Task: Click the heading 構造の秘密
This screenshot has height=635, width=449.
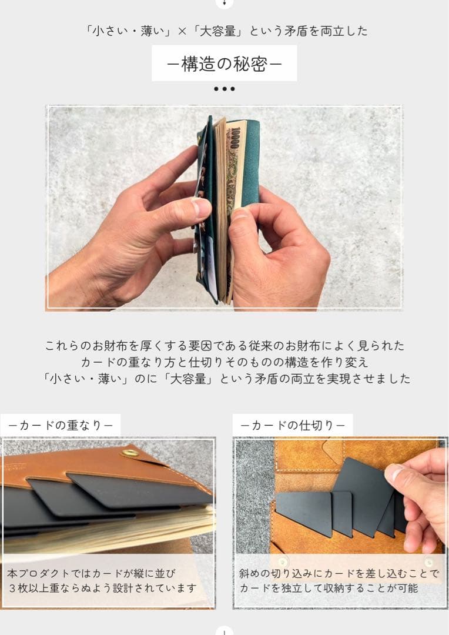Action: pos(224,64)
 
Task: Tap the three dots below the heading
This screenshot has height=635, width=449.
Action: pos(224,89)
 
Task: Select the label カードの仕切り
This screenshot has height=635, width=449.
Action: pos(293,426)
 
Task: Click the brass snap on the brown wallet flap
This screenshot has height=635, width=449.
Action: pos(130,452)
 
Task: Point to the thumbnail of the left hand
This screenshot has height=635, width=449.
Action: pos(200,206)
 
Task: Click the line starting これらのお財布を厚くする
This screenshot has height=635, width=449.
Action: pos(224,346)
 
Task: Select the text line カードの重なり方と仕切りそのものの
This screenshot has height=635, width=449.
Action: pos(224,362)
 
